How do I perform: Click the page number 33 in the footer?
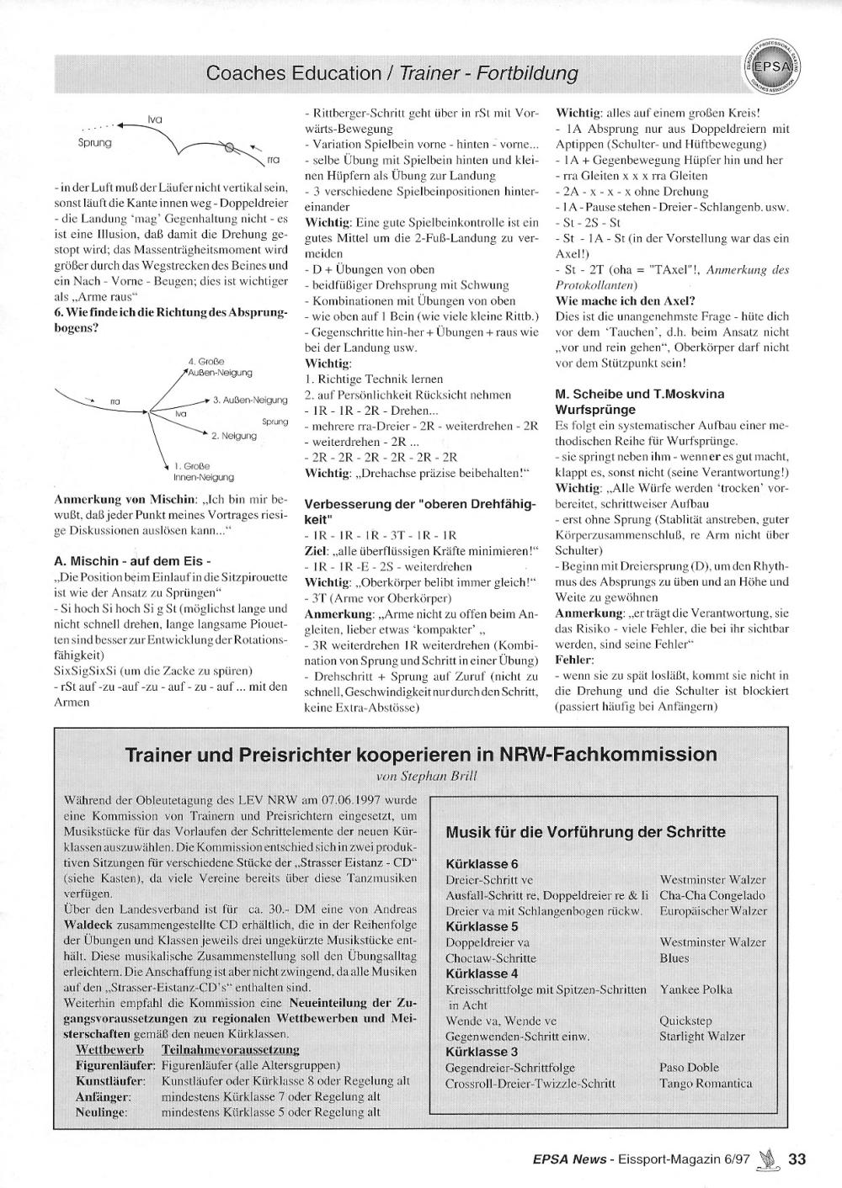coord(797,1159)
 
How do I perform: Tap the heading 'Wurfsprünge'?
coord(596,410)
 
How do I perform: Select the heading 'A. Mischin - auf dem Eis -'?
coord(132,561)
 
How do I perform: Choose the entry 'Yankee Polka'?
coord(695,989)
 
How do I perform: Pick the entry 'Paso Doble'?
coord(690,1068)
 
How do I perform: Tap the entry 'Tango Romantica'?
coord(706,1084)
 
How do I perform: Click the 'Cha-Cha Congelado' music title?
coord(712,895)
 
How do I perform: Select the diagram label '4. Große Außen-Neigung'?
coord(221,367)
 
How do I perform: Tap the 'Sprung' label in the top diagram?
coord(94,143)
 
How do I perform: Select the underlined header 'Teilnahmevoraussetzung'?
coord(230,1050)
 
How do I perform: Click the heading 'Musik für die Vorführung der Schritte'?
coord(585,832)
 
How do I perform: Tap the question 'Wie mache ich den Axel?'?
coord(626,300)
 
